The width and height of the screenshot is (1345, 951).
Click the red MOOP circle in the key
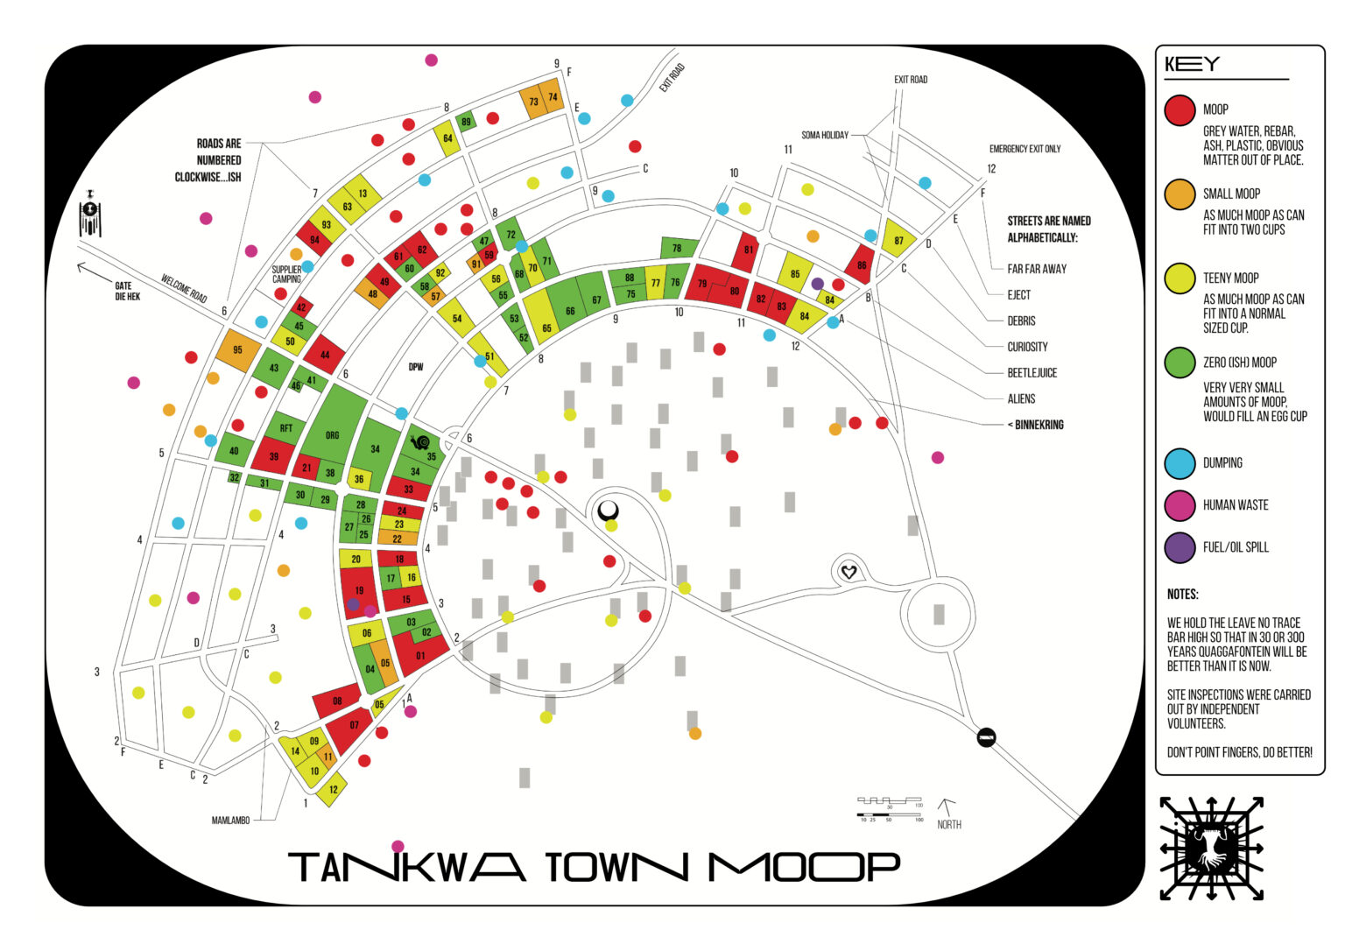[x=1180, y=109]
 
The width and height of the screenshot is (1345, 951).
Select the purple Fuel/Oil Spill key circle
[x=1180, y=547]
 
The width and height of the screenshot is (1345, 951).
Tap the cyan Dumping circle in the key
[x=1180, y=463]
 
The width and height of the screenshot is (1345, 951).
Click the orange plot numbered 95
[x=238, y=349]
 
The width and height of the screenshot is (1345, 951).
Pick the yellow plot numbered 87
[x=898, y=240]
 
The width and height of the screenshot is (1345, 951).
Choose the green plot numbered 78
[x=679, y=248]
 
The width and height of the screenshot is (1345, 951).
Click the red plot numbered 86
[x=860, y=264]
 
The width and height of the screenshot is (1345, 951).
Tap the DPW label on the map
[x=416, y=367]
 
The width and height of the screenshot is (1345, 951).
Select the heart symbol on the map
[x=848, y=573]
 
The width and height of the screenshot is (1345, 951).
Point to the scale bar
[x=889, y=808]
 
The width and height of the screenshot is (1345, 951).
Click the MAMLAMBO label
[x=230, y=821]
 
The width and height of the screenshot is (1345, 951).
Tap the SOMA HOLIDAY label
[x=825, y=136]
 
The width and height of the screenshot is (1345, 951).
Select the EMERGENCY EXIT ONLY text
[x=1025, y=149]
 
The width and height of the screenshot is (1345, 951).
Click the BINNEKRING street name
[x=1037, y=425]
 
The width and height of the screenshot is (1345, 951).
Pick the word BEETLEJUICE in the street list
[x=1032, y=373]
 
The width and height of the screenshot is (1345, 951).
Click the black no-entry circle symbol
[x=986, y=737]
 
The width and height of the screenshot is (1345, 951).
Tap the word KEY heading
[x=1192, y=65]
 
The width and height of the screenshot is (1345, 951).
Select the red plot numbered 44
[x=325, y=355]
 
